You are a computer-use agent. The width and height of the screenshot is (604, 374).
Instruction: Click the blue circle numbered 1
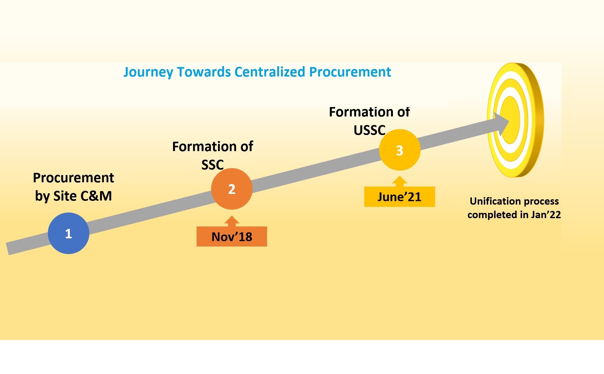(69, 233)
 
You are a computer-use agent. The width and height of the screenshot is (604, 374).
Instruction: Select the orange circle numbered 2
(232, 189)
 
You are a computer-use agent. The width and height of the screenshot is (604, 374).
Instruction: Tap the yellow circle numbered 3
(400, 150)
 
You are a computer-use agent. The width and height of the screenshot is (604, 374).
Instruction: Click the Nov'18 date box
(232, 236)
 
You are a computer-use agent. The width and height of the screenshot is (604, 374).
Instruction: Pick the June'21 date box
(400, 197)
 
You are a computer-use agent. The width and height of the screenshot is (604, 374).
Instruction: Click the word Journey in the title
(148, 72)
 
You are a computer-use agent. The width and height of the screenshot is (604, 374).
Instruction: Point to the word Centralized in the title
(270, 72)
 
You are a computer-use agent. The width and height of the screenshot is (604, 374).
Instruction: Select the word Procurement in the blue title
(350, 72)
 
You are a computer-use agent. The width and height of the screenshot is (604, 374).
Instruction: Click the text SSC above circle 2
(213, 165)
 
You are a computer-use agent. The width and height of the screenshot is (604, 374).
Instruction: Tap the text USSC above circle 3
(370, 130)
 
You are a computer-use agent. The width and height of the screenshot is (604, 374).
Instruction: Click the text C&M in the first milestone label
(96, 196)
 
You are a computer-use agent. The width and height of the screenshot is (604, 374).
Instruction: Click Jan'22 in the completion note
(546, 214)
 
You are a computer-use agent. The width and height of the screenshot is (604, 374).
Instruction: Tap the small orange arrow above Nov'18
(232, 221)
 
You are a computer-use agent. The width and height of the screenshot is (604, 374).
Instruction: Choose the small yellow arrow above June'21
(400, 181)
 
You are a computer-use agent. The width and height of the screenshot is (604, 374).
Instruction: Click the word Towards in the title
(204, 72)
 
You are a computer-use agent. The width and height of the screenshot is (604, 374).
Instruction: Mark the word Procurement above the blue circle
(73, 178)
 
